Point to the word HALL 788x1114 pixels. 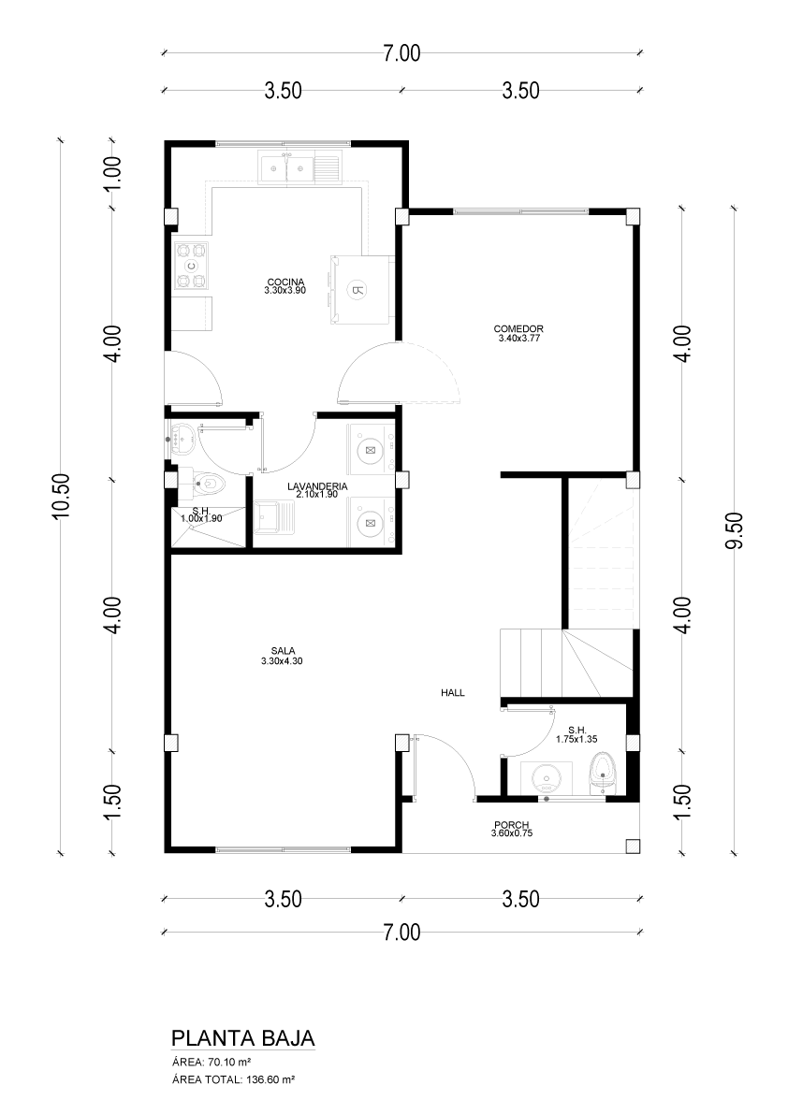pos(453,693)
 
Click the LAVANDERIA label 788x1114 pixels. pos(317,486)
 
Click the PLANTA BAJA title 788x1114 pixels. pos(243,1038)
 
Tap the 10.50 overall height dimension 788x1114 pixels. pos(61,497)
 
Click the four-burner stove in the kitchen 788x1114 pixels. pos(192,266)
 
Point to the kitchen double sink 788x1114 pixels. pos(299,168)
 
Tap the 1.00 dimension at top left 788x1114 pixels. pos(113,173)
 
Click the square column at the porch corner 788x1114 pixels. pos(633,846)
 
